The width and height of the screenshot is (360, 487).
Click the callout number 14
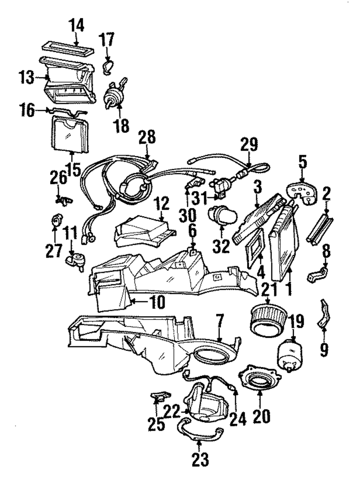tap(77, 26)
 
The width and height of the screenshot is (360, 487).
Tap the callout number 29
tap(249, 144)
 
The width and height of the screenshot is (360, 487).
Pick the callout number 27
tap(54, 250)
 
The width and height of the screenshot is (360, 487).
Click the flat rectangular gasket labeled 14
tap(68, 49)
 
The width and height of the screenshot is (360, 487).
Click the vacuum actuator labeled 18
tap(114, 94)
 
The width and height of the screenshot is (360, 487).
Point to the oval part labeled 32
tap(222, 216)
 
